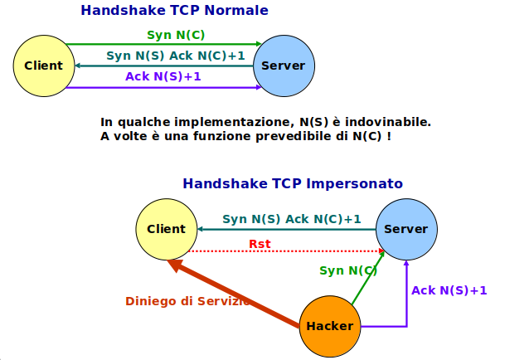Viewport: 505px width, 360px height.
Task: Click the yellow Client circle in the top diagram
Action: coord(44,66)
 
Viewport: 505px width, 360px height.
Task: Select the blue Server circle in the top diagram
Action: coord(283,66)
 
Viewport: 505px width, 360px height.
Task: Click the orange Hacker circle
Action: coord(329,326)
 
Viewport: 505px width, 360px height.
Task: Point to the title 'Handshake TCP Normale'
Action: coord(174,11)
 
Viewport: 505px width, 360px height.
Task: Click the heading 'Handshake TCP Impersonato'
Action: coord(293,183)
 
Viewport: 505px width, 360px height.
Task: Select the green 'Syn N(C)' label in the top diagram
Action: coord(176,35)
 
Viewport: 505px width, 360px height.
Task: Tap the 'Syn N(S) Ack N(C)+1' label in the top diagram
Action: coord(176,56)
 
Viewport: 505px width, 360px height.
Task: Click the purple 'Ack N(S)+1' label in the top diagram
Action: coord(163,77)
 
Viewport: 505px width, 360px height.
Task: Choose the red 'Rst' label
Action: coord(260,243)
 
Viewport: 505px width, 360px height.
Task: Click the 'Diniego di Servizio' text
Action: coord(187,300)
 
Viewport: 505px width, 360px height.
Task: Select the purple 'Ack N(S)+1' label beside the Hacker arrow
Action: coord(449,290)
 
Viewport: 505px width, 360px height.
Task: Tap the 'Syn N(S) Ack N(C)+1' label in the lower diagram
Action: coord(292,220)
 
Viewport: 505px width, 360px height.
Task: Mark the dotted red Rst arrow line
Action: coord(282,251)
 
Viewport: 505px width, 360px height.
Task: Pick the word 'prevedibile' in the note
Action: coord(291,136)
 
